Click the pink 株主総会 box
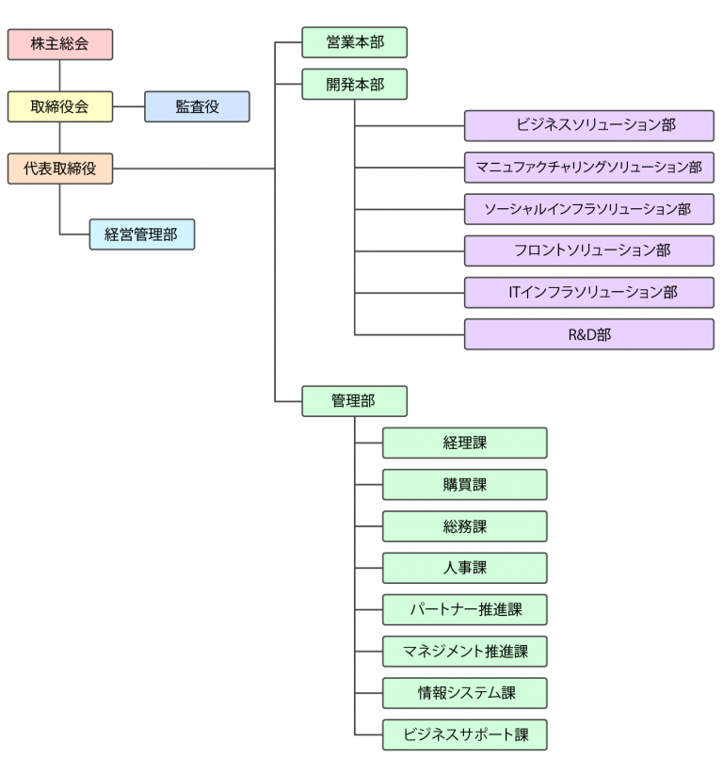(60, 44)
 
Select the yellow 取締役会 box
(60, 106)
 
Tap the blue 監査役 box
(197, 106)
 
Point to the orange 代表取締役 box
(60, 169)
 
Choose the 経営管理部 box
(142, 234)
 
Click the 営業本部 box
(355, 42)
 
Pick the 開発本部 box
(355, 84)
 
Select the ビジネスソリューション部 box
(588, 125)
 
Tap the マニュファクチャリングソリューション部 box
(588, 168)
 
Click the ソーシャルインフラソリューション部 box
(588, 209)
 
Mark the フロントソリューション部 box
(588, 250)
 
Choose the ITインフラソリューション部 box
(588, 292)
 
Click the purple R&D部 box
(588, 334)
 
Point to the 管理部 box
(355, 401)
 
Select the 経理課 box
(464, 443)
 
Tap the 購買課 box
(464, 485)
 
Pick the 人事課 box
(464, 568)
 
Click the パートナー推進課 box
(464, 609)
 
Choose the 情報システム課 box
(464, 693)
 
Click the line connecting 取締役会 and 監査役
(129, 106)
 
